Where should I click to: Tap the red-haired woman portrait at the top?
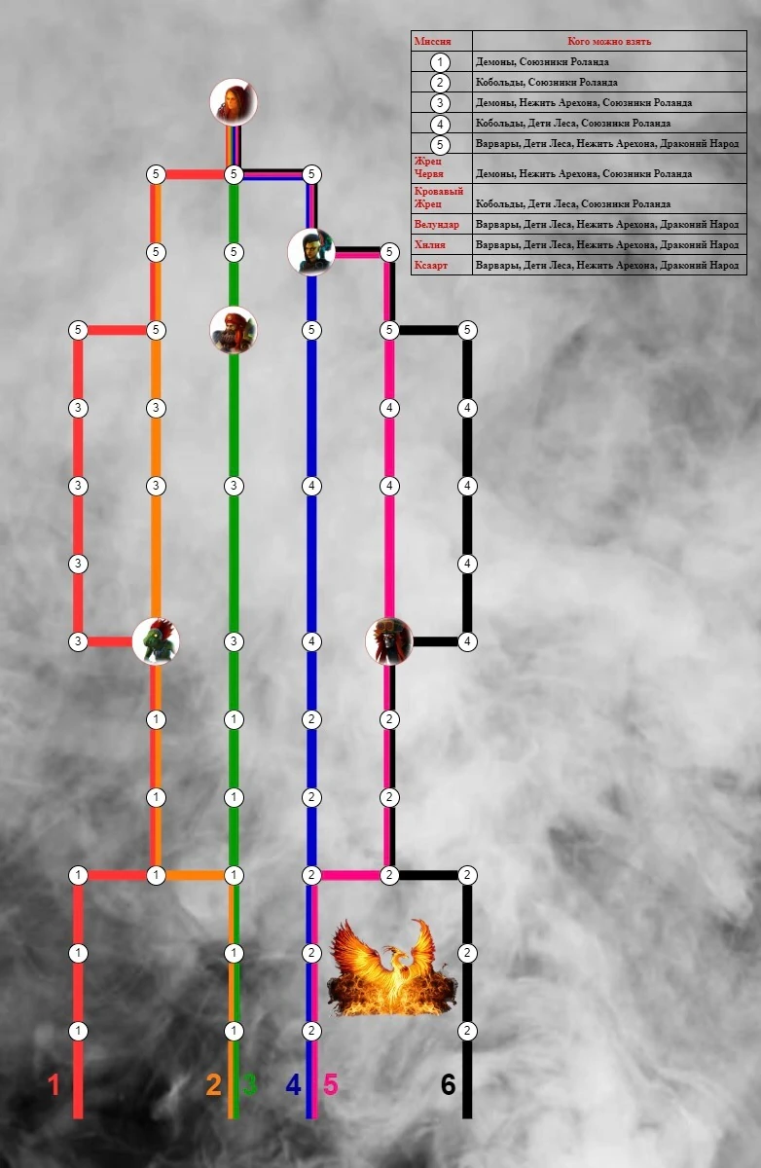click(x=234, y=101)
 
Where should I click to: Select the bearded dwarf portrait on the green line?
click(x=234, y=330)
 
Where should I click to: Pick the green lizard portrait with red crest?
click(x=156, y=641)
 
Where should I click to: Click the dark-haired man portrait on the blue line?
click(x=311, y=252)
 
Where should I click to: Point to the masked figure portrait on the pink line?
click(x=389, y=641)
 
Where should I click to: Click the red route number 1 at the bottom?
click(x=54, y=1084)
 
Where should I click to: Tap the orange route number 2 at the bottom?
click(x=214, y=1084)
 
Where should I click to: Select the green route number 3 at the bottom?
click(x=250, y=1084)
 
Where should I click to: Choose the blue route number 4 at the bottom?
click(x=293, y=1084)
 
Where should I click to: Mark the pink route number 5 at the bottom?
click(x=331, y=1084)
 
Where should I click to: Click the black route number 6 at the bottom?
click(x=448, y=1084)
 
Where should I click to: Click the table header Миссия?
click(x=432, y=42)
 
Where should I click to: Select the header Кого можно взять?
click(x=609, y=42)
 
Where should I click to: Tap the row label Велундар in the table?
click(x=436, y=225)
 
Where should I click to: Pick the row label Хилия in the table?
click(x=430, y=244)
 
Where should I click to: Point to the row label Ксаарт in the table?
click(x=432, y=265)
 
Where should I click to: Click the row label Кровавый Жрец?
click(x=438, y=198)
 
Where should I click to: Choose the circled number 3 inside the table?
click(x=441, y=103)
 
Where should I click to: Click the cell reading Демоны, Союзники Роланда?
click(x=542, y=62)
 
